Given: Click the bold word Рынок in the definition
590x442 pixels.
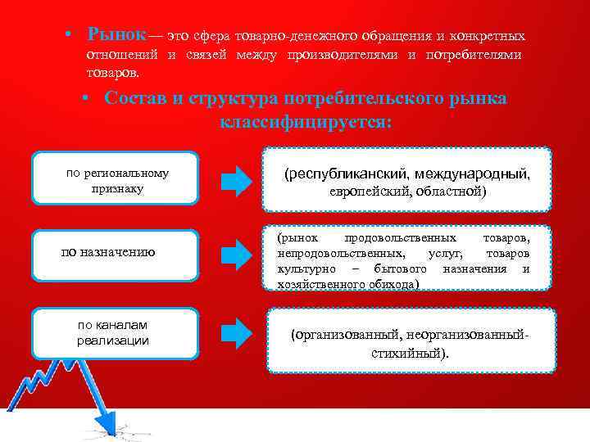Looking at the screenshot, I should click(117, 35).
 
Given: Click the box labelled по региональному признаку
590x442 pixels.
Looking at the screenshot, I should click(116, 179).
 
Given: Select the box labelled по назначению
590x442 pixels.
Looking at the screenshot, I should click(116, 251).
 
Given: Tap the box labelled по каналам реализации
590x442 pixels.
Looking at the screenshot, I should click(116, 333).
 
